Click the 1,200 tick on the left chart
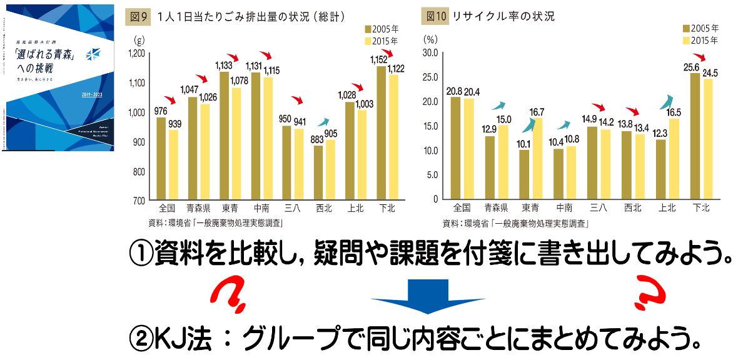pyautogui.click(x=136, y=54)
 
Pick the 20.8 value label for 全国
pyautogui.click(x=454, y=91)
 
